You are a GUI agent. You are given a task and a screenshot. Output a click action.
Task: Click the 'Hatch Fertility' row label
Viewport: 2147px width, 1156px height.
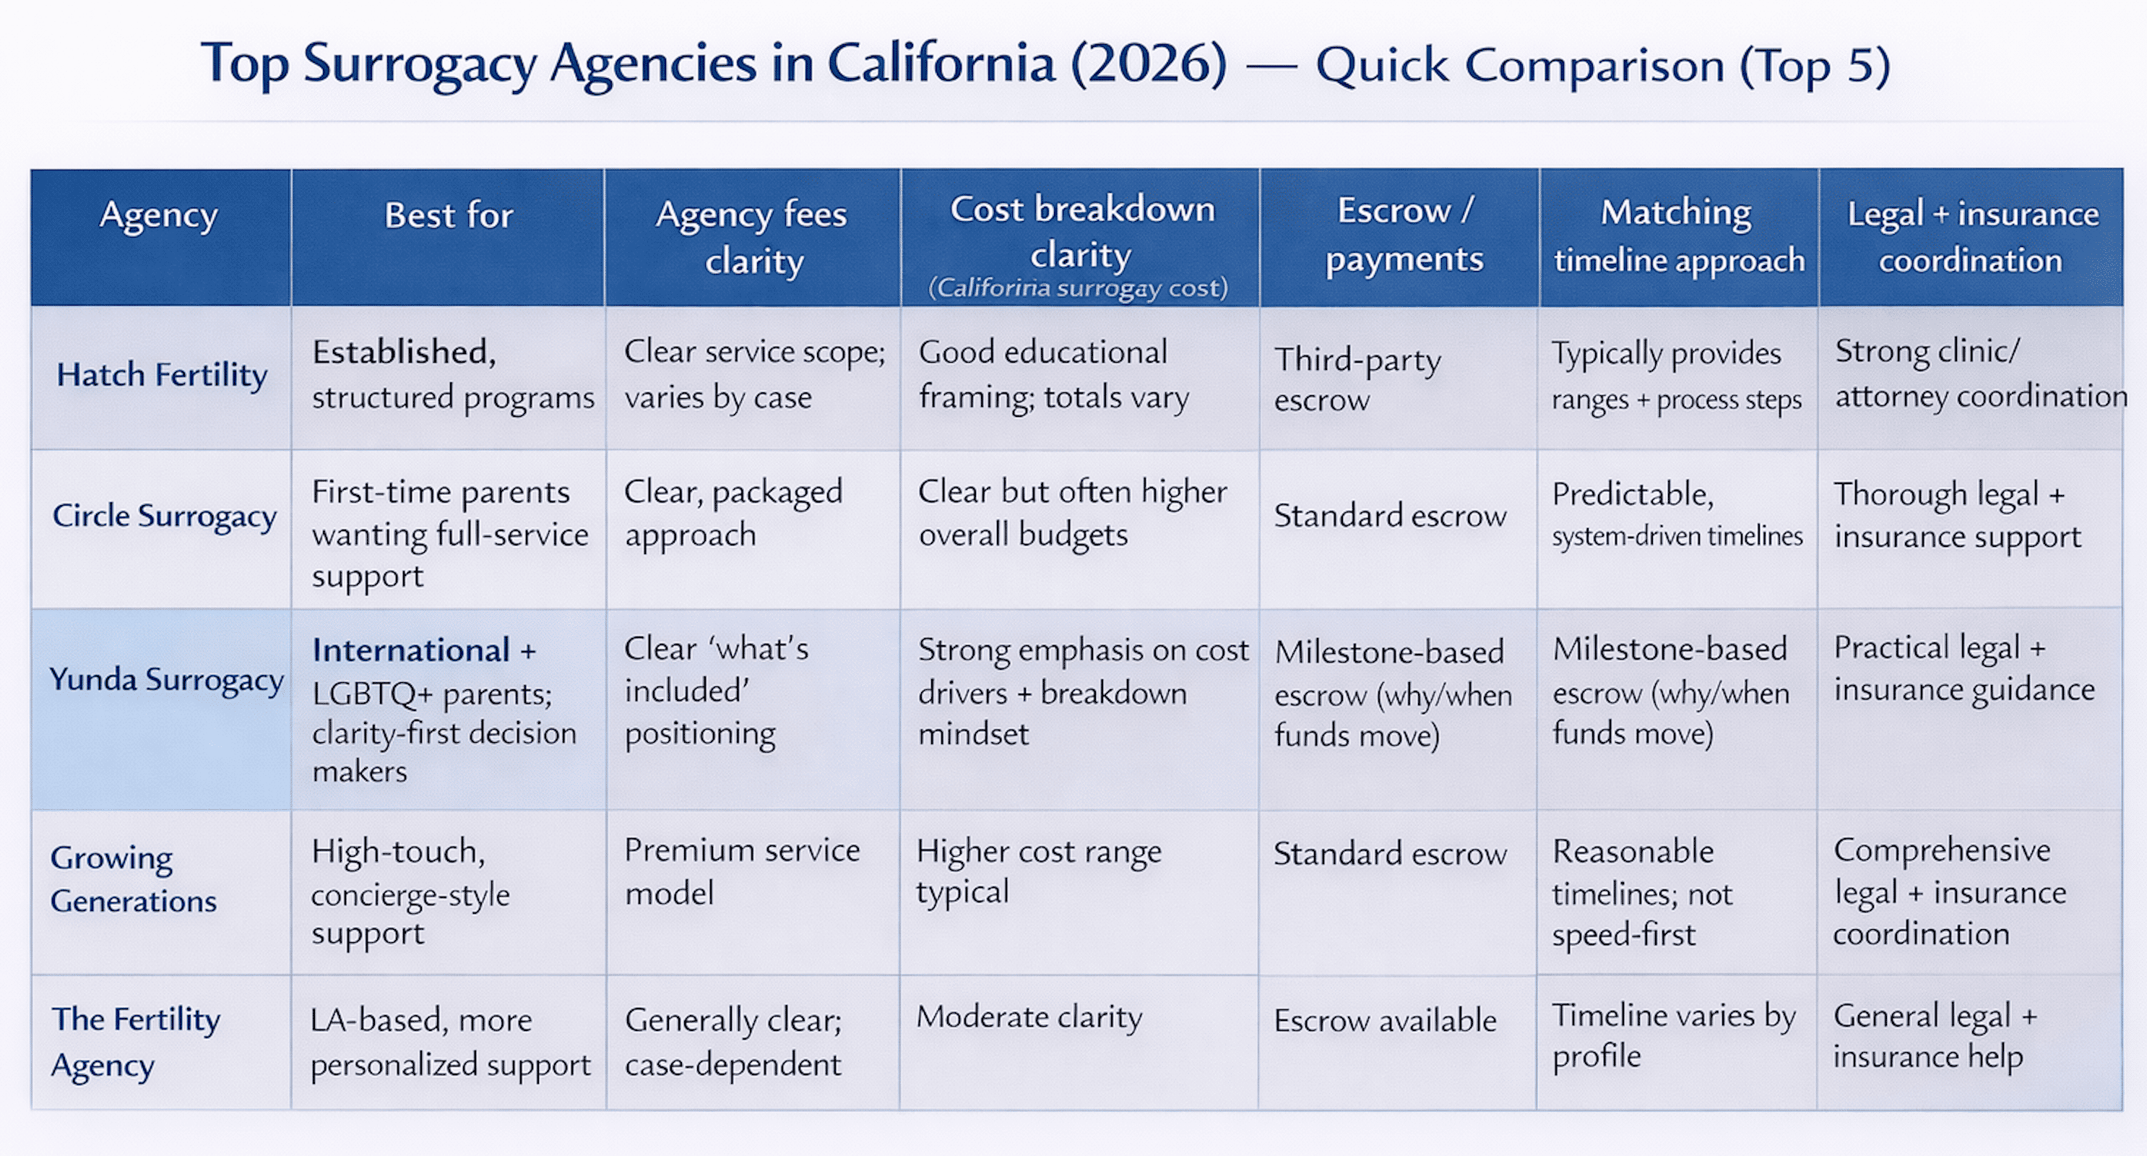[162, 375]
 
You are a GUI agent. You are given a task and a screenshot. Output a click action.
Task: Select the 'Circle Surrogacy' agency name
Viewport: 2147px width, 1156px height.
[164, 516]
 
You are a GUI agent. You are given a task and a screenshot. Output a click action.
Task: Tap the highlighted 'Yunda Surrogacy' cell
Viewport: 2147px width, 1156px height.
[166, 680]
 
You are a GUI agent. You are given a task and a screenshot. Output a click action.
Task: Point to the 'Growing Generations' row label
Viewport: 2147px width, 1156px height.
[134, 879]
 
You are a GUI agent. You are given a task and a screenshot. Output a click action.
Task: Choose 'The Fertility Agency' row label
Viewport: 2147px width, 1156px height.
[135, 1042]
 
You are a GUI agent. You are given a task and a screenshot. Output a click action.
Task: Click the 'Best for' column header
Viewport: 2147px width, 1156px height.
[449, 216]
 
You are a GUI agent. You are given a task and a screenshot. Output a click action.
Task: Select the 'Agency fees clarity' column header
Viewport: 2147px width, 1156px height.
[752, 238]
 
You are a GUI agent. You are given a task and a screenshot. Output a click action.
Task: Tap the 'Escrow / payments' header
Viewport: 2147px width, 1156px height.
[1404, 235]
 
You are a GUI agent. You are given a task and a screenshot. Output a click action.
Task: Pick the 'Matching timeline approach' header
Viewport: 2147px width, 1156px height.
[1677, 236]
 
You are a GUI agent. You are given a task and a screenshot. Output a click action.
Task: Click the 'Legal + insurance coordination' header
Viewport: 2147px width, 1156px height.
[1972, 237]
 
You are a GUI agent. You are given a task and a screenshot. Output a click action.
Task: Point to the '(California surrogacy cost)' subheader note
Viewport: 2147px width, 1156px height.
[1078, 288]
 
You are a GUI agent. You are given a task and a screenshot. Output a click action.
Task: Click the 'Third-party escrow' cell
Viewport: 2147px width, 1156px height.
[1357, 380]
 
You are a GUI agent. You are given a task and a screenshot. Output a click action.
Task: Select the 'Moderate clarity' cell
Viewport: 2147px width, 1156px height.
[1029, 1018]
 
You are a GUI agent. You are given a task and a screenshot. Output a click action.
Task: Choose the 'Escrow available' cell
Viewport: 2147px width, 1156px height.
[1385, 1020]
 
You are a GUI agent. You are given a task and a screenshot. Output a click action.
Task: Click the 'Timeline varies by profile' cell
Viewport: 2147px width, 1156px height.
[1673, 1035]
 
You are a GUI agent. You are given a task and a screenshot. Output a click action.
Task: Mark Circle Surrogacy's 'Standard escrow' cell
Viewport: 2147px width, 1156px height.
[1390, 516]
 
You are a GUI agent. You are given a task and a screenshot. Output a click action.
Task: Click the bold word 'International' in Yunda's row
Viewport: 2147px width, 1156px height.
[411, 650]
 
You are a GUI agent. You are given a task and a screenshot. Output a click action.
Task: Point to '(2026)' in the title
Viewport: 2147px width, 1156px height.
[1149, 64]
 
